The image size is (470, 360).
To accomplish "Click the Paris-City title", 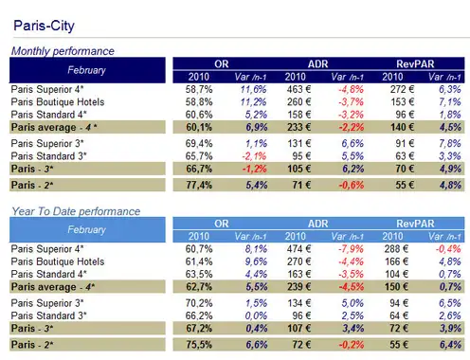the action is click(x=44, y=26).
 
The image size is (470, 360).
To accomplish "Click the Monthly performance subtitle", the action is click(x=63, y=51).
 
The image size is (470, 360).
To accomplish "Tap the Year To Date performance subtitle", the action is click(x=76, y=211).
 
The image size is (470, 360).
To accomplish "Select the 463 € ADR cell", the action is click(x=298, y=89).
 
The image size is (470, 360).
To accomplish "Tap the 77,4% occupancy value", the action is click(x=199, y=185).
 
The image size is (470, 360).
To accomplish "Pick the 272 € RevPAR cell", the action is click(x=402, y=89).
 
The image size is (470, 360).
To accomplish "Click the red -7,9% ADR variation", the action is click(x=351, y=249).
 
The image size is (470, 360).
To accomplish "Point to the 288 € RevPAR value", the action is click(x=396, y=249).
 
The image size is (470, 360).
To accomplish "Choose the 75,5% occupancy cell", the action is click(x=199, y=345).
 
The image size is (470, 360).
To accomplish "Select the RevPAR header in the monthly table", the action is click(x=415, y=64).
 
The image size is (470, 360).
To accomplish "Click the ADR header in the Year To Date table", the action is click(x=318, y=224).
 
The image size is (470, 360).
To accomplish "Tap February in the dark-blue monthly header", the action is click(x=86, y=70).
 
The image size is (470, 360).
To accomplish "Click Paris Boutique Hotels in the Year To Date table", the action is click(x=58, y=261).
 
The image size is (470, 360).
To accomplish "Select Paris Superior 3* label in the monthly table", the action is click(x=47, y=144).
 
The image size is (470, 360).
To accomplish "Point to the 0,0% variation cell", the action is click(x=256, y=315).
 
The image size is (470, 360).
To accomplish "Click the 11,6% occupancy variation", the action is click(x=253, y=89).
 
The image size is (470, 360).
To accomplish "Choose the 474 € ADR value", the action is click(x=298, y=249).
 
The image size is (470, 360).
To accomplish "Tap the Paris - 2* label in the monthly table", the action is click(x=32, y=185).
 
